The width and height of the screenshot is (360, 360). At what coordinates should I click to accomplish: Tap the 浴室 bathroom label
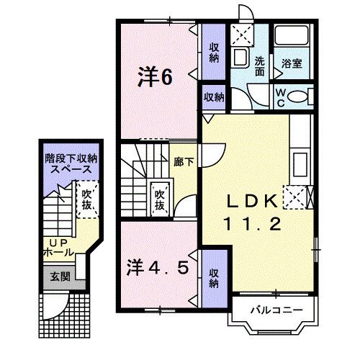click(x=292, y=63)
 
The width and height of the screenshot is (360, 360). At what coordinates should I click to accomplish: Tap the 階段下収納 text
click(x=70, y=158)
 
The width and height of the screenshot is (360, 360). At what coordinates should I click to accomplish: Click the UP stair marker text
click(x=55, y=242)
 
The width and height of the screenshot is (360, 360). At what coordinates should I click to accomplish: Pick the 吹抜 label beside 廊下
click(x=159, y=199)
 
